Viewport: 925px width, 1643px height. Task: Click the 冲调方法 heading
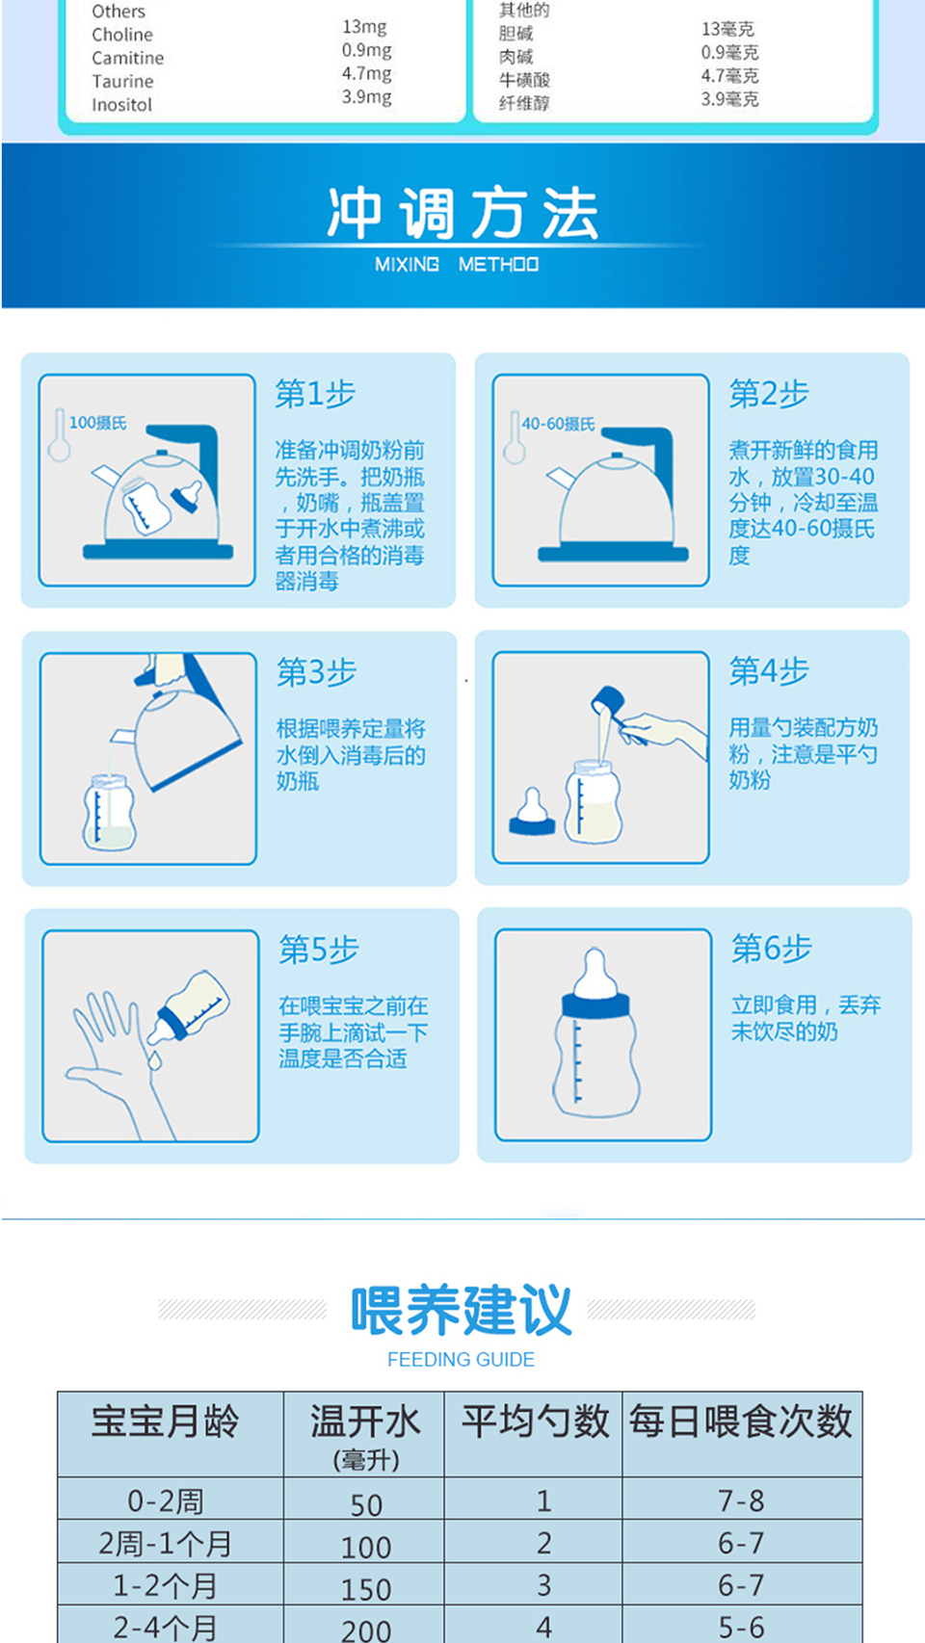point(462,213)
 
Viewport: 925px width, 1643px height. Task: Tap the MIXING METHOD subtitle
point(457,264)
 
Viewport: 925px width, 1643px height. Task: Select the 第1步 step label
point(315,394)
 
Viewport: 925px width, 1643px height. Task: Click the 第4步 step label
point(769,671)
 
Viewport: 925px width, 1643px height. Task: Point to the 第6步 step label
point(772,949)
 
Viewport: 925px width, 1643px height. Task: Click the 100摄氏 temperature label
point(97,423)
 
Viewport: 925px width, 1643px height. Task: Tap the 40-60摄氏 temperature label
point(558,424)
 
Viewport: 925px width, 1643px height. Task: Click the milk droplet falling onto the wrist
point(155,1060)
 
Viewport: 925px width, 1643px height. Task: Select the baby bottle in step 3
point(110,812)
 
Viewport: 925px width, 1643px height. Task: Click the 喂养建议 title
point(462,1310)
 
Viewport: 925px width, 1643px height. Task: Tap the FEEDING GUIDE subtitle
point(461,1360)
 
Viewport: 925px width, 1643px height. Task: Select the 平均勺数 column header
point(535,1421)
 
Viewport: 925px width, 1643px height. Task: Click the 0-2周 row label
point(165,1501)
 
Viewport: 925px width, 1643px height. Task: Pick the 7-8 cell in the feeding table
point(742,1500)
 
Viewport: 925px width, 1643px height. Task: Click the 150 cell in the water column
point(365,1589)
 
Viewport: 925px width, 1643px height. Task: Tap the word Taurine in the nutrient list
point(122,82)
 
